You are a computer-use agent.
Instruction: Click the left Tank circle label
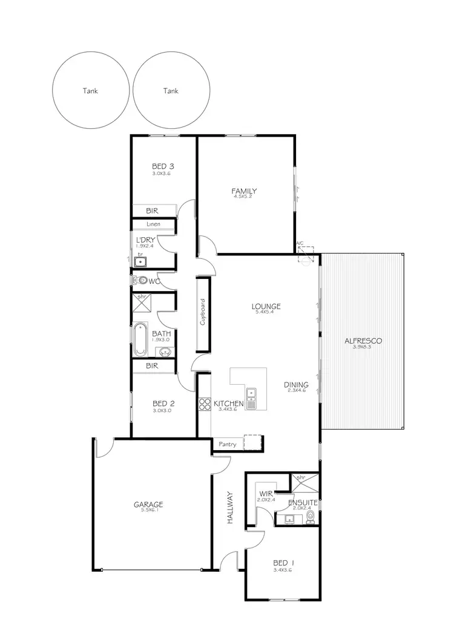click(90, 91)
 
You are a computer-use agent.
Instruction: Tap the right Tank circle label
click(171, 91)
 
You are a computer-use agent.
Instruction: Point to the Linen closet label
click(154, 224)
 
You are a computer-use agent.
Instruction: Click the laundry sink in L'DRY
click(140, 261)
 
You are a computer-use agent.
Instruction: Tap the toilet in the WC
click(142, 281)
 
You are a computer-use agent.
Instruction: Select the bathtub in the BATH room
click(140, 339)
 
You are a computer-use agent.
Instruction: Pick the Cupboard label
click(203, 312)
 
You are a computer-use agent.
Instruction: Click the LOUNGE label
click(266, 306)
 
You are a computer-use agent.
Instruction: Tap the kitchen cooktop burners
click(204, 404)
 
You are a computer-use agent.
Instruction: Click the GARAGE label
click(148, 504)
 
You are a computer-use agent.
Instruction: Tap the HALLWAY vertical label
click(230, 507)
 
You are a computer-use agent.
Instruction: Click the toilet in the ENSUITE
click(311, 516)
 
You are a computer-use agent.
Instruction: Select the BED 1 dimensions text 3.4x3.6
click(283, 570)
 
